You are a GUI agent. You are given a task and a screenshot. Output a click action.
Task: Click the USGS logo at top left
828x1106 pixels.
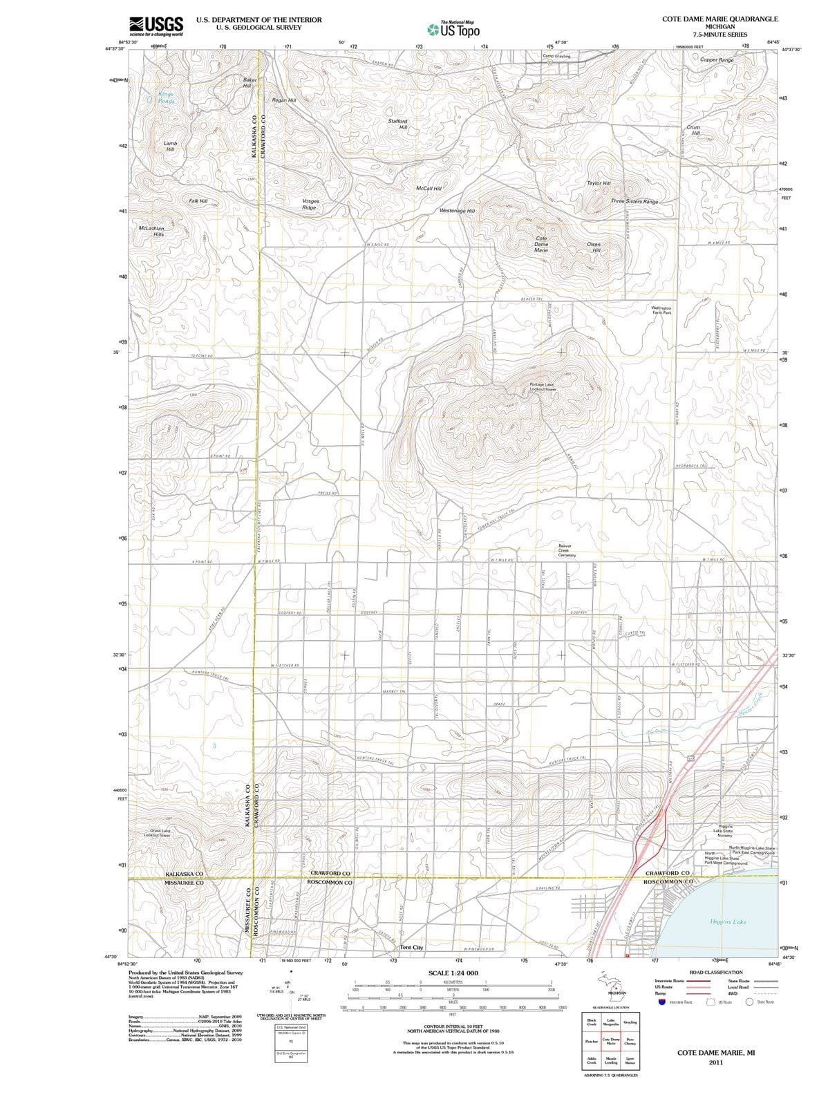[156, 25]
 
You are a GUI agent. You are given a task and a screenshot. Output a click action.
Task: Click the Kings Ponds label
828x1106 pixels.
[166, 97]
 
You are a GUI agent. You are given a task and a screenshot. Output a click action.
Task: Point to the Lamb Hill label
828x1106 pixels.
[170, 146]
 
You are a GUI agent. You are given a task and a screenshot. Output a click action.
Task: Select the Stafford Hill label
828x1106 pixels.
[397, 124]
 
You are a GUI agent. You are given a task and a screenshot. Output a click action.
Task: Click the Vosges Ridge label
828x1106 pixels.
[310, 204]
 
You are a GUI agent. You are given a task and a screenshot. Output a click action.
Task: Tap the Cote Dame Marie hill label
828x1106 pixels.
[541, 243]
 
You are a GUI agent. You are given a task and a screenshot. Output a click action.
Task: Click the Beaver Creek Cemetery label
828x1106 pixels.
[567, 550]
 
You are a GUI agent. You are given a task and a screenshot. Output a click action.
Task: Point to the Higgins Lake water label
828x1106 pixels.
[728, 922]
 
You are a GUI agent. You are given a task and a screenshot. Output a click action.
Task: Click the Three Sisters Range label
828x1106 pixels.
[634, 201]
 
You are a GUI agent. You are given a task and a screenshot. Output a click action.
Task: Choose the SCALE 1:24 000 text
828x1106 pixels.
[453, 973]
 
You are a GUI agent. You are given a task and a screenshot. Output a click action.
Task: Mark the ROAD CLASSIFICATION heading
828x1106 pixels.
[716, 972]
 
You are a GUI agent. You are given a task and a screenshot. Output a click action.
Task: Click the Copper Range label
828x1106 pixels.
[717, 60]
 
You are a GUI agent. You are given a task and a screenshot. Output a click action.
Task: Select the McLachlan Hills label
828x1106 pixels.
[151, 231]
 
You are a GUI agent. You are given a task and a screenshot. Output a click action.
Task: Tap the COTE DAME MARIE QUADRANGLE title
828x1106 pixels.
[719, 19]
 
